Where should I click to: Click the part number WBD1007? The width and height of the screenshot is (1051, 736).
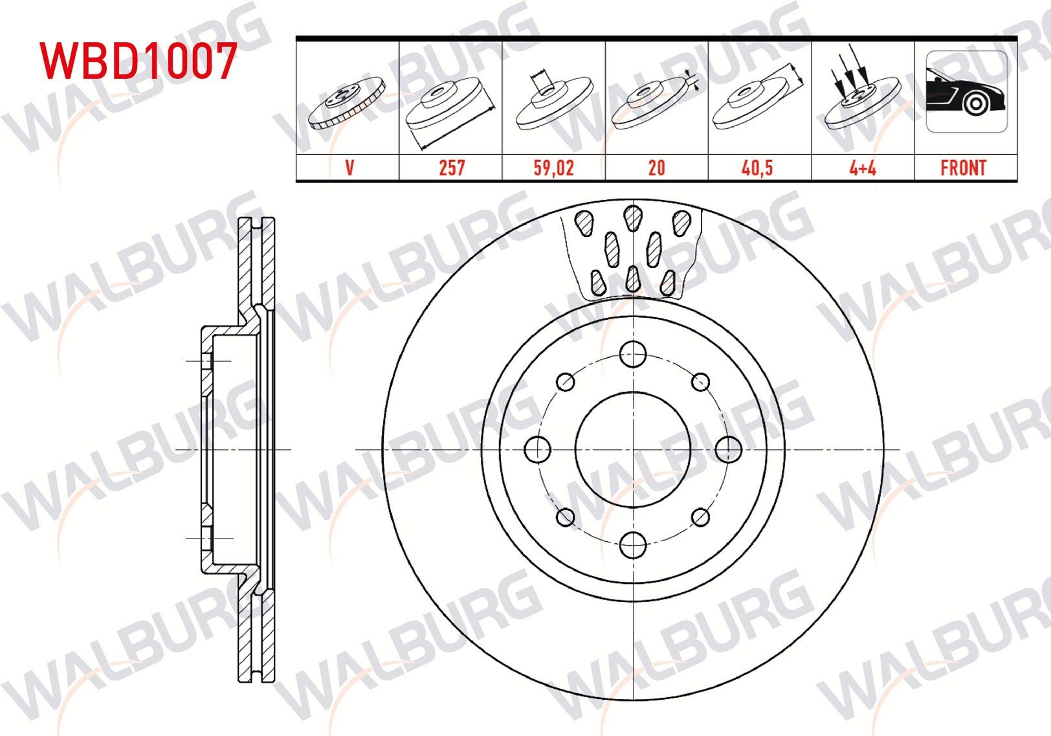(138, 61)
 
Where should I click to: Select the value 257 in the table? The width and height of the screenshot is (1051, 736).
(451, 168)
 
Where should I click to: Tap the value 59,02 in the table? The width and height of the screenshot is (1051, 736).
(553, 168)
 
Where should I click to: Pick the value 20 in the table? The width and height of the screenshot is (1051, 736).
(656, 168)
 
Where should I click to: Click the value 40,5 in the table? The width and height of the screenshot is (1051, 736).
(757, 168)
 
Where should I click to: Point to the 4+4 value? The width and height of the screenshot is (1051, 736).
(862, 168)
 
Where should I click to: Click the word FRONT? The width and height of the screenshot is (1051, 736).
(963, 168)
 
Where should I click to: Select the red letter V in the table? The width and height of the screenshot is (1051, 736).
(349, 168)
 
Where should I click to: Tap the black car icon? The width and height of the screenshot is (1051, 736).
(966, 93)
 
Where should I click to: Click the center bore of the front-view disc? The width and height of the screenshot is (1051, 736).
(632, 449)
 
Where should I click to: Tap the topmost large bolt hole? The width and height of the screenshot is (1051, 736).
(633, 354)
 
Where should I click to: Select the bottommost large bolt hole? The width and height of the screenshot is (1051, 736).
(633, 545)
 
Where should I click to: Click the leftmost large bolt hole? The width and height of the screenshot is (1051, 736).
(537, 449)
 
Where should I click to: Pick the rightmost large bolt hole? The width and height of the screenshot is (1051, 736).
(729, 449)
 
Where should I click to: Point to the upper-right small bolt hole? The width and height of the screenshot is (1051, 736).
(700, 382)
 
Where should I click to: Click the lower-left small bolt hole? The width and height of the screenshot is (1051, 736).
(565, 517)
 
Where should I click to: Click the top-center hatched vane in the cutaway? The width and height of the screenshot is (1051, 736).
(633, 217)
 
